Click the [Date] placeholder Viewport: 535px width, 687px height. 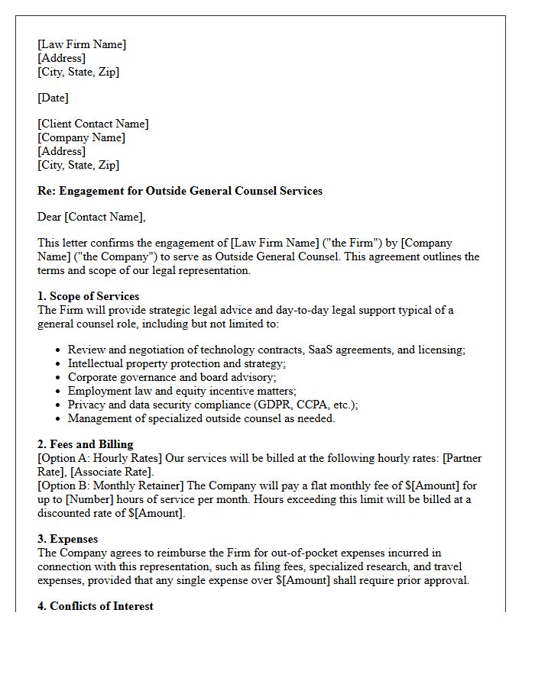[x=53, y=98]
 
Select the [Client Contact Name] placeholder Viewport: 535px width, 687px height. [x=92, y=124]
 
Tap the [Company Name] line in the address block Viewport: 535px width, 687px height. [x=81, y=137]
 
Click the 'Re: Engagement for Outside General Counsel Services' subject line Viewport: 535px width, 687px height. [x=180, y=191]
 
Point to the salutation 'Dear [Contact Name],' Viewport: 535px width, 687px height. [x=91, y=217]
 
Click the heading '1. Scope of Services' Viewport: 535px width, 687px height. [x=88, y=296]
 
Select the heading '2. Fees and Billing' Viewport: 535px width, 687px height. [x=85, y=444]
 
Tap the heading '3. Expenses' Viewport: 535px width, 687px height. [x=67, y=539]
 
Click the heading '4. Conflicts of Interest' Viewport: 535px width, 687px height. [x=95, y=606]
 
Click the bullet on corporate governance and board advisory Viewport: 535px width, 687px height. [x=172, y=377]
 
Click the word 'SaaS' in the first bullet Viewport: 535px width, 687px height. [x=323, y=350]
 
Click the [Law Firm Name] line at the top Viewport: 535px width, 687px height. [x=82, y=44]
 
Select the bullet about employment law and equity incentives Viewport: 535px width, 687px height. [x=182, y=391]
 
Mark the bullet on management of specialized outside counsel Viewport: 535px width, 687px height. [x=201, y=418]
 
